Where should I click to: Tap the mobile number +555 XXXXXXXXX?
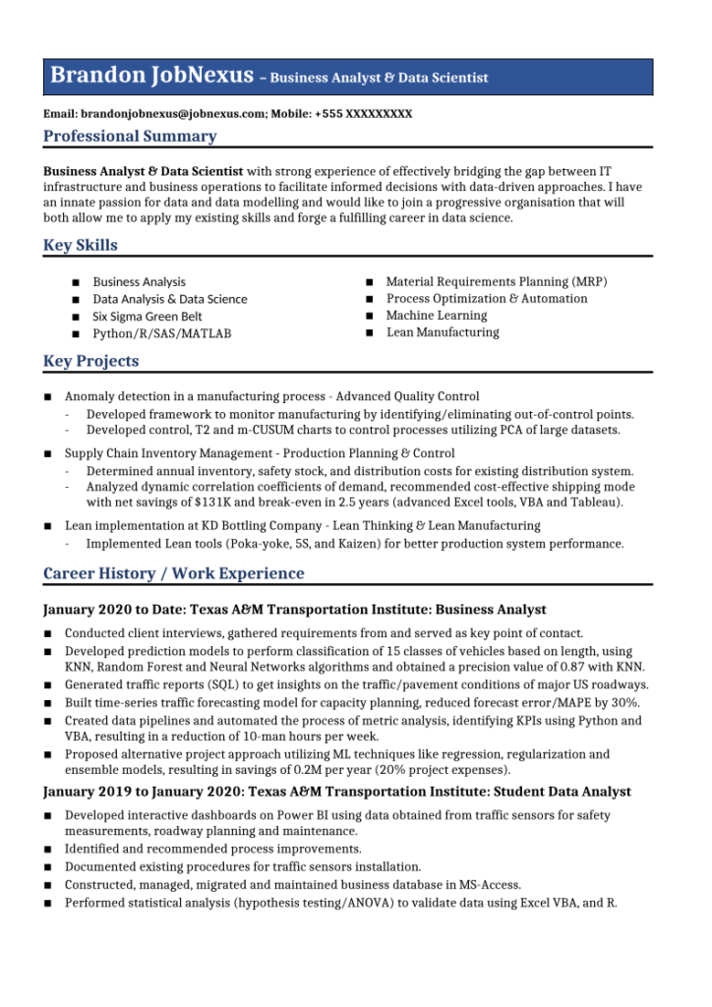tap(363, 114)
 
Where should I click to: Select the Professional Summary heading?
tap(130, 137)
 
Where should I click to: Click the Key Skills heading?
tap(81, 246)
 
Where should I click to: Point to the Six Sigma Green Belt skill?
tap(148, 317)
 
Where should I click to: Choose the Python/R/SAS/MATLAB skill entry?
tap(162, 334)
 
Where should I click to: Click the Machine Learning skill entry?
tap(437, 316)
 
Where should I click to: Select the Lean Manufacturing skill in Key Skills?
tap(443, 332)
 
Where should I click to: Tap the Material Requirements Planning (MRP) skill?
tap(497, 282)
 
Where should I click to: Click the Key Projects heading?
tap(91, 362)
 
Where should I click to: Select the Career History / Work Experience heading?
tap(174, 574)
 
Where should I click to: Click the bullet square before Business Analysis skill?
tap(76, 282)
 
